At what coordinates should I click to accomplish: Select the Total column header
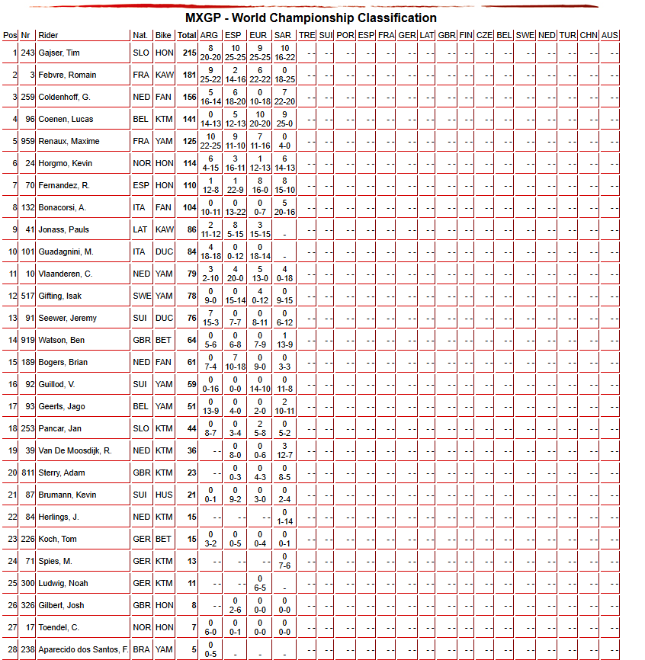pyautogui.click(x=187, y=35)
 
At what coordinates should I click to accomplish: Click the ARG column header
pyautogui.click(x=210, y=35)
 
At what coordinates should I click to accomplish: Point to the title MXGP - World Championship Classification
pyautogui.click(x=311, y=18)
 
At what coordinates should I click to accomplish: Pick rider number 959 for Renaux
pyautogui.click(x=27, y=142)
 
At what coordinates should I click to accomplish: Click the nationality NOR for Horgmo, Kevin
pyautogui.click(x=140, y=164)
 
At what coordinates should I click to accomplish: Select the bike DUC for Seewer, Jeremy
pyautogui.click(x=163, y=319)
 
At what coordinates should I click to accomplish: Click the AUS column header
pyautogui.click(x=609, y=35)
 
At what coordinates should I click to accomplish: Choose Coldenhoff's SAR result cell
pyautogui.click(x=283, y=97)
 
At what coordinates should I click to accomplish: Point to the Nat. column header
pyautogui.click(x=140, y=35)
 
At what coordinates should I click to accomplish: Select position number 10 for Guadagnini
pyautogui.click(x=12, y=252)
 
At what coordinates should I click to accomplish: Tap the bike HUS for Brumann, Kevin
pyautogui.click(x=163, y=495)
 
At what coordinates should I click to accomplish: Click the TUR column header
pyautogui.click(x=567, y=35)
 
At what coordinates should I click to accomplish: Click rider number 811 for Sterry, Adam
pyautogui.click(x=27, y=473)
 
